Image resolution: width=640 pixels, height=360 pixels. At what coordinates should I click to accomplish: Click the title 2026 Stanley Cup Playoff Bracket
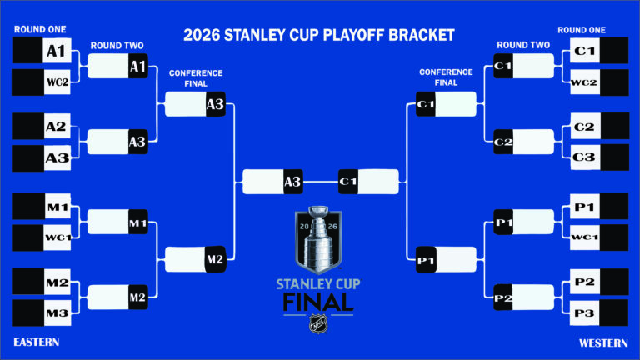pyautogui.click(x=319, y=35)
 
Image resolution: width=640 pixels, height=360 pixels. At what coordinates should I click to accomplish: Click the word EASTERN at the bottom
pyautogui.click(x=37, y=342)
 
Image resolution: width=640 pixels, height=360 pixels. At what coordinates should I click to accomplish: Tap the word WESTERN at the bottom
pyautogui.click(x=603, y=342)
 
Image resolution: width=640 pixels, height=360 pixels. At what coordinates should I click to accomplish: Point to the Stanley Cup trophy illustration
pyautogui.click(x=318, y=238)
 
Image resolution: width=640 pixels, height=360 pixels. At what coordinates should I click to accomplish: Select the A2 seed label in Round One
pyautogui.click(x=56, y=127)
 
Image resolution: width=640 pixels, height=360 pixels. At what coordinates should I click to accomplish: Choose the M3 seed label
pyautogui.click(x=57, y=312)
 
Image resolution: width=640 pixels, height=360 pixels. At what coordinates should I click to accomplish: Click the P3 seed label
pyautogui.click(x=585, y=312)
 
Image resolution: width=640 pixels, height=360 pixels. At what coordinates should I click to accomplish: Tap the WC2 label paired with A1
pyautogui.click(x=56, y=82)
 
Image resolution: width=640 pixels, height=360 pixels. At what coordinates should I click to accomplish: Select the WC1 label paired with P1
pyautogui.click(x=585, y=237)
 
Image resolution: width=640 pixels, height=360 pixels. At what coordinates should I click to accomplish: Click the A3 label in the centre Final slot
pyautogui.click(x=292, y=182)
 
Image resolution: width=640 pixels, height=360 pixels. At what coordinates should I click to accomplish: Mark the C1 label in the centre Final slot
pyautogui.click(x=348, y=182)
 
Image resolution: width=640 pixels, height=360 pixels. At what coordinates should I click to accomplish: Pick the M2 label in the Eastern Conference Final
pyautogui.click(x=215, y=260)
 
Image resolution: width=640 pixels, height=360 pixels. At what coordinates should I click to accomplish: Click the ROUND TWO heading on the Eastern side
pyautogui.click(x=117, y=45)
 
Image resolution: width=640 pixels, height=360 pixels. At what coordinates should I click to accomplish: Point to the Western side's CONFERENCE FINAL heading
pyautogui.click(x=446, y=77)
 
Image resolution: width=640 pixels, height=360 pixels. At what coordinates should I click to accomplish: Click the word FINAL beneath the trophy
pyautogui.click(x=318, y=301)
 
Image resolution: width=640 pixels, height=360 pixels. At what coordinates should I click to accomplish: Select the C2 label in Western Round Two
pyautogui.click(x=503, y=142)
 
